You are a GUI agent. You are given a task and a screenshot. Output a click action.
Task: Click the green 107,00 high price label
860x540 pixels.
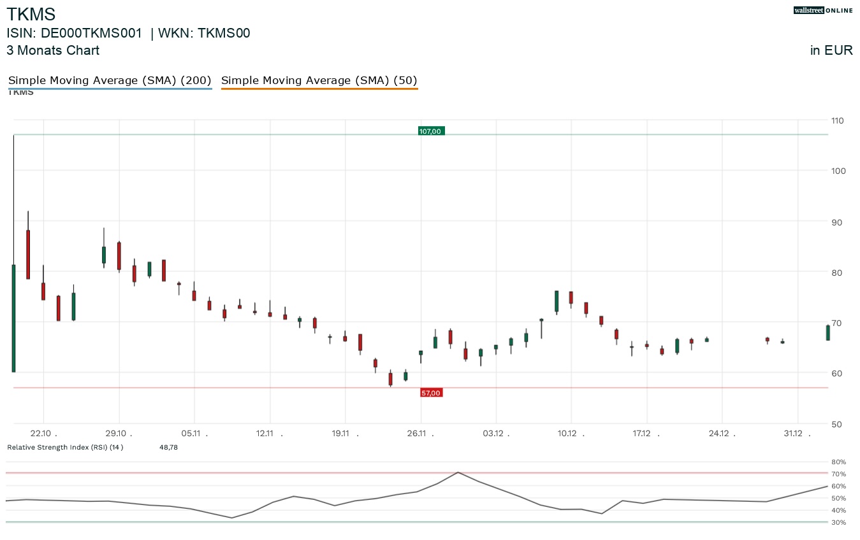point(431,131)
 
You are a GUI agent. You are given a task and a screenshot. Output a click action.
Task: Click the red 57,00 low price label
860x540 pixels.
point(431,393)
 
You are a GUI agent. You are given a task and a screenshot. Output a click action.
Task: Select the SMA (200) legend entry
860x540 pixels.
point(110,81)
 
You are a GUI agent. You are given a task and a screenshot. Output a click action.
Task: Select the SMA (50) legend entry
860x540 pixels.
point(319,81)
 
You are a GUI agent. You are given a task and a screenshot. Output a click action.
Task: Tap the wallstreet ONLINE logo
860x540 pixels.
point(823,10)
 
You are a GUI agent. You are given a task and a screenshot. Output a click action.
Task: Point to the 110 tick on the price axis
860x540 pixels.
point(837,120)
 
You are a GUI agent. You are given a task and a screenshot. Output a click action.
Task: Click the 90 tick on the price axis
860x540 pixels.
point(837,222)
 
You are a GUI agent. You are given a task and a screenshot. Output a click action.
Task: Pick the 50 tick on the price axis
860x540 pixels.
point(837,424)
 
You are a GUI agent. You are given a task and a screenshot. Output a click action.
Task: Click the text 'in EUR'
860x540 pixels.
point(831,51)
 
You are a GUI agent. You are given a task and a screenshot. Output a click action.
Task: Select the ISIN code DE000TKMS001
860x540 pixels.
point(91,34)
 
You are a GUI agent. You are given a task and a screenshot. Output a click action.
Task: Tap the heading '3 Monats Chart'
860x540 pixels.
point(53,50)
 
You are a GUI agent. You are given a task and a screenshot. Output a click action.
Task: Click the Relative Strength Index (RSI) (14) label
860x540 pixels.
point(65,447)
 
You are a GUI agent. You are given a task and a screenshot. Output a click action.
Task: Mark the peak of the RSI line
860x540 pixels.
point(458,472)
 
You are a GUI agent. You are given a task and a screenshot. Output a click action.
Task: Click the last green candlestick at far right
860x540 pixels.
point(827,332)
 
